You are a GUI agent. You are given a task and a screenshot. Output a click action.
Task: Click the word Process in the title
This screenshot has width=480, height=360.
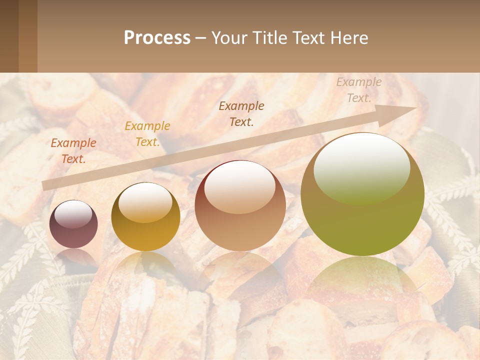(157, 38)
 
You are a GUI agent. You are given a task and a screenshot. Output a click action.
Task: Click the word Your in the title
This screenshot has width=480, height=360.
(228, 38)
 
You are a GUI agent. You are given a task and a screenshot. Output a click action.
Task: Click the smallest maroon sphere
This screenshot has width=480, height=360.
(73, 224)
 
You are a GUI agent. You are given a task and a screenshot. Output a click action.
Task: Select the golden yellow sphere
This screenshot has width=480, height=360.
(145, 216)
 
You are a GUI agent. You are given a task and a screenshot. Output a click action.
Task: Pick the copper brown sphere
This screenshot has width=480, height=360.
(240, 205)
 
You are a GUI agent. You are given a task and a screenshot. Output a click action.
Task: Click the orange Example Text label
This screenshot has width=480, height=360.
(73, 151)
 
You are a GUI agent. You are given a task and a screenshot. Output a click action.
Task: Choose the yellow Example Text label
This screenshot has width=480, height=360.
(147, 134)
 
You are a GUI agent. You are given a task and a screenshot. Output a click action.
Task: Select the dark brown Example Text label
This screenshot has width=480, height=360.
(241, 113)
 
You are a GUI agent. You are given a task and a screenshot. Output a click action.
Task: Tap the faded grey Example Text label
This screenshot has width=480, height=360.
(358, 90)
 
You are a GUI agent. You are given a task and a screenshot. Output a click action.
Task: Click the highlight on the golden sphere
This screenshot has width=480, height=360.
(145, 201)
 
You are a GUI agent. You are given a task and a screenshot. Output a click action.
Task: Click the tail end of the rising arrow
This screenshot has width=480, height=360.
(46, 185)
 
